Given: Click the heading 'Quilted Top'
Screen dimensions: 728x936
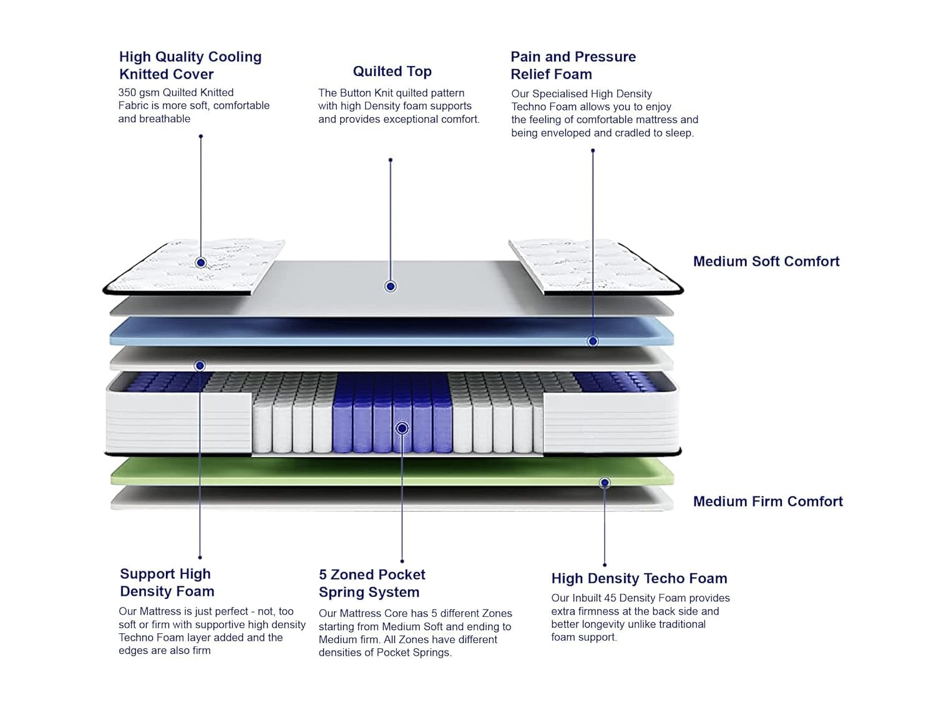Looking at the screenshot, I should pos(392,72).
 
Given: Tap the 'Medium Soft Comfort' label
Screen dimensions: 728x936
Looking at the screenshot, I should pos(766,261).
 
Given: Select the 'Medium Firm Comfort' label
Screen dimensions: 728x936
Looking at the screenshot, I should pos(768,502).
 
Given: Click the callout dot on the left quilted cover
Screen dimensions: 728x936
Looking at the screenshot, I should pos(201,263).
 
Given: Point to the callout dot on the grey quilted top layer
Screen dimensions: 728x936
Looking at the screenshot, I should pos(391,286).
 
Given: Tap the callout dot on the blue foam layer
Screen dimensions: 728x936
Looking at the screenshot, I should pos(593,341).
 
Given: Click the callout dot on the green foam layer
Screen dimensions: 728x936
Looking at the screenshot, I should pos(604,483).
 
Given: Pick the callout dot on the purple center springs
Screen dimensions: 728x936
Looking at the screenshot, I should pos(402,429).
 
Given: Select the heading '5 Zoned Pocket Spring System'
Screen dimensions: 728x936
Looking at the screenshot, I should pos(371,583).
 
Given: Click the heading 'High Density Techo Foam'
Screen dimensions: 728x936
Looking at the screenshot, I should pos(639,578).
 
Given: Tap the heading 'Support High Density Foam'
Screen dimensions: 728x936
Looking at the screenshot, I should pos(167,583).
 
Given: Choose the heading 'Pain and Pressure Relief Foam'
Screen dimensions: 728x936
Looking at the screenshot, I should pos(573,66).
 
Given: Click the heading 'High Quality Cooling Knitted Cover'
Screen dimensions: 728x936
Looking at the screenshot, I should pos(190,66).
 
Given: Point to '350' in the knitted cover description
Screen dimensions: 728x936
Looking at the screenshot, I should pos(127,93).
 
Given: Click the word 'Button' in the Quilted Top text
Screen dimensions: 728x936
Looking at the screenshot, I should pos(356,94).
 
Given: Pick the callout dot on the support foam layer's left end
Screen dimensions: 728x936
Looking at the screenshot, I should pos(200,366).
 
